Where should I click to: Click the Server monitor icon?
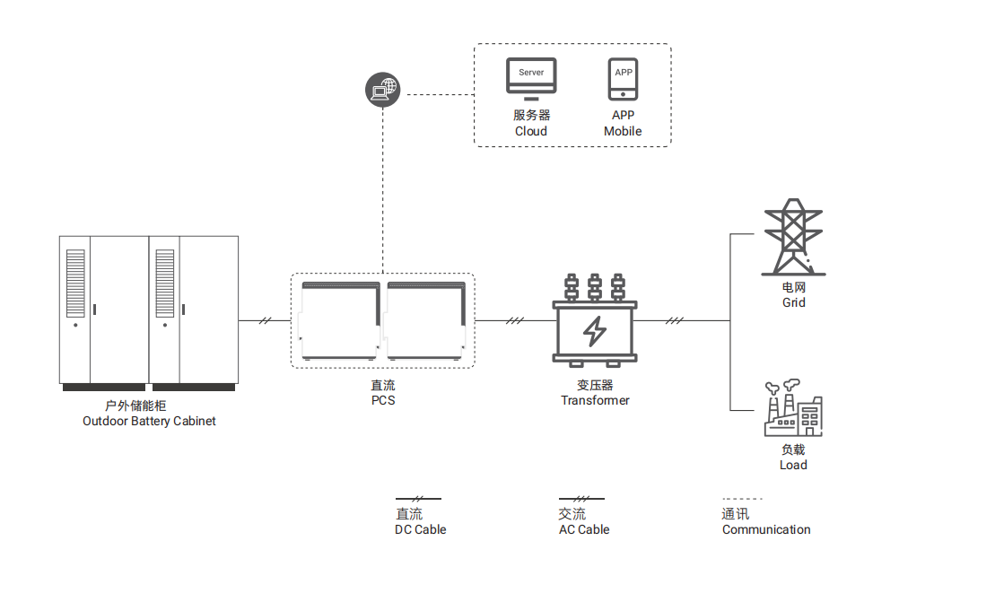click(x=531, y=78)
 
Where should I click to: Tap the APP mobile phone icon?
click(x=623, y=80)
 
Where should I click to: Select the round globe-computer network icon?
click(x=383, y=90)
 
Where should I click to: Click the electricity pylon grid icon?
click(x=792, y=237)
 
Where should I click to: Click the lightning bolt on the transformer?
click(x=595, y=330)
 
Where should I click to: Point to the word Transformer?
click(x=595, y=400)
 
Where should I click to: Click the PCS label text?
click(x=383, y=400)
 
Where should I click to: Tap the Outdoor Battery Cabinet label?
click(x=149, y=421)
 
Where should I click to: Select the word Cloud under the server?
click(x=531, y=131)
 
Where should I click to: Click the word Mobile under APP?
click(x=623, y=131)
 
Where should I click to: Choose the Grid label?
click(x=793, y=302)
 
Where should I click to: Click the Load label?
click(x=793, y=465)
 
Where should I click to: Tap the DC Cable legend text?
click(x=420, y=529)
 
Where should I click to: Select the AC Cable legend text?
click(x=583, y=529)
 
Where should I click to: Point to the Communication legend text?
click(x=766, y=529)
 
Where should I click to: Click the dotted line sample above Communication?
click(x=742, y=499)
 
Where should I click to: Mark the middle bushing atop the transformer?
click(x=595, y=288)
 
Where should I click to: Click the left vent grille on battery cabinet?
click(x=75, y=283)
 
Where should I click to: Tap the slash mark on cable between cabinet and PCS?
click(x=265, y=320)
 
